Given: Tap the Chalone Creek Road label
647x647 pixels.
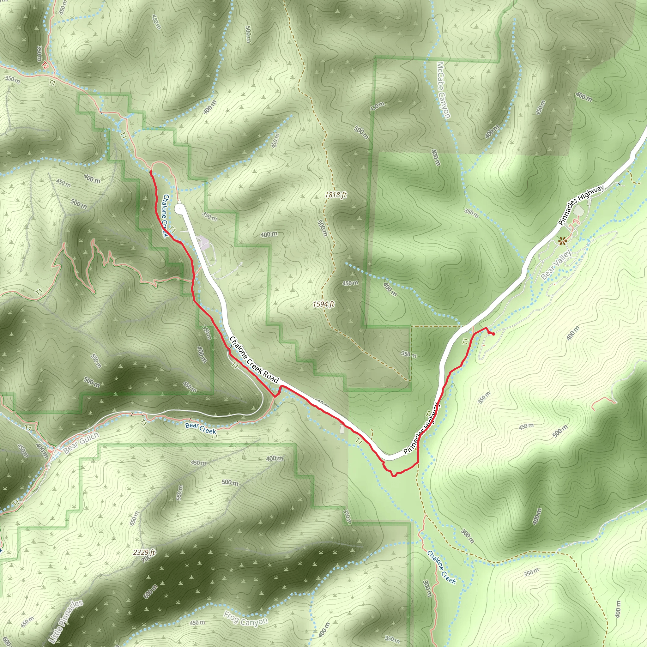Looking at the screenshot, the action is point(254,360).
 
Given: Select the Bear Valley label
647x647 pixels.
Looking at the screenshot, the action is point(556,264).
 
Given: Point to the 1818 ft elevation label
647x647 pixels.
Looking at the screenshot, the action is point(335,195).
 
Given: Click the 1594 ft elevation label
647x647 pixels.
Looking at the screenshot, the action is point(323,304).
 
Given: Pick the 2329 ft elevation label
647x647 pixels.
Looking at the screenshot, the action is point(144,552).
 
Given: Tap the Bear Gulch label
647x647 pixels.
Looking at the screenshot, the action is point(81,442).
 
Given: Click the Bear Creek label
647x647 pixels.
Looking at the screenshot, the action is point(200,428).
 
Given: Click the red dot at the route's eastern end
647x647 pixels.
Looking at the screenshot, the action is point(493,334).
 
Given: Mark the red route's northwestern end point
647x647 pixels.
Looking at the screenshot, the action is point(151,172).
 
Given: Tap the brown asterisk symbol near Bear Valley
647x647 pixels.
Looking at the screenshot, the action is point(562,240).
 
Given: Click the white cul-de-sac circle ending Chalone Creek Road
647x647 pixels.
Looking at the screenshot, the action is point(179,209).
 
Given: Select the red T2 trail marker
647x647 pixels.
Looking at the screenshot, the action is point(45,66).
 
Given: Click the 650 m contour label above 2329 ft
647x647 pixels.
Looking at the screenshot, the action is point(134,518).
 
